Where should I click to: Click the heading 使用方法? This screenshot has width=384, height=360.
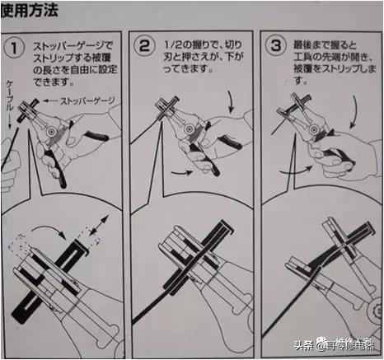pyautogui.click(x=35, y=12)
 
